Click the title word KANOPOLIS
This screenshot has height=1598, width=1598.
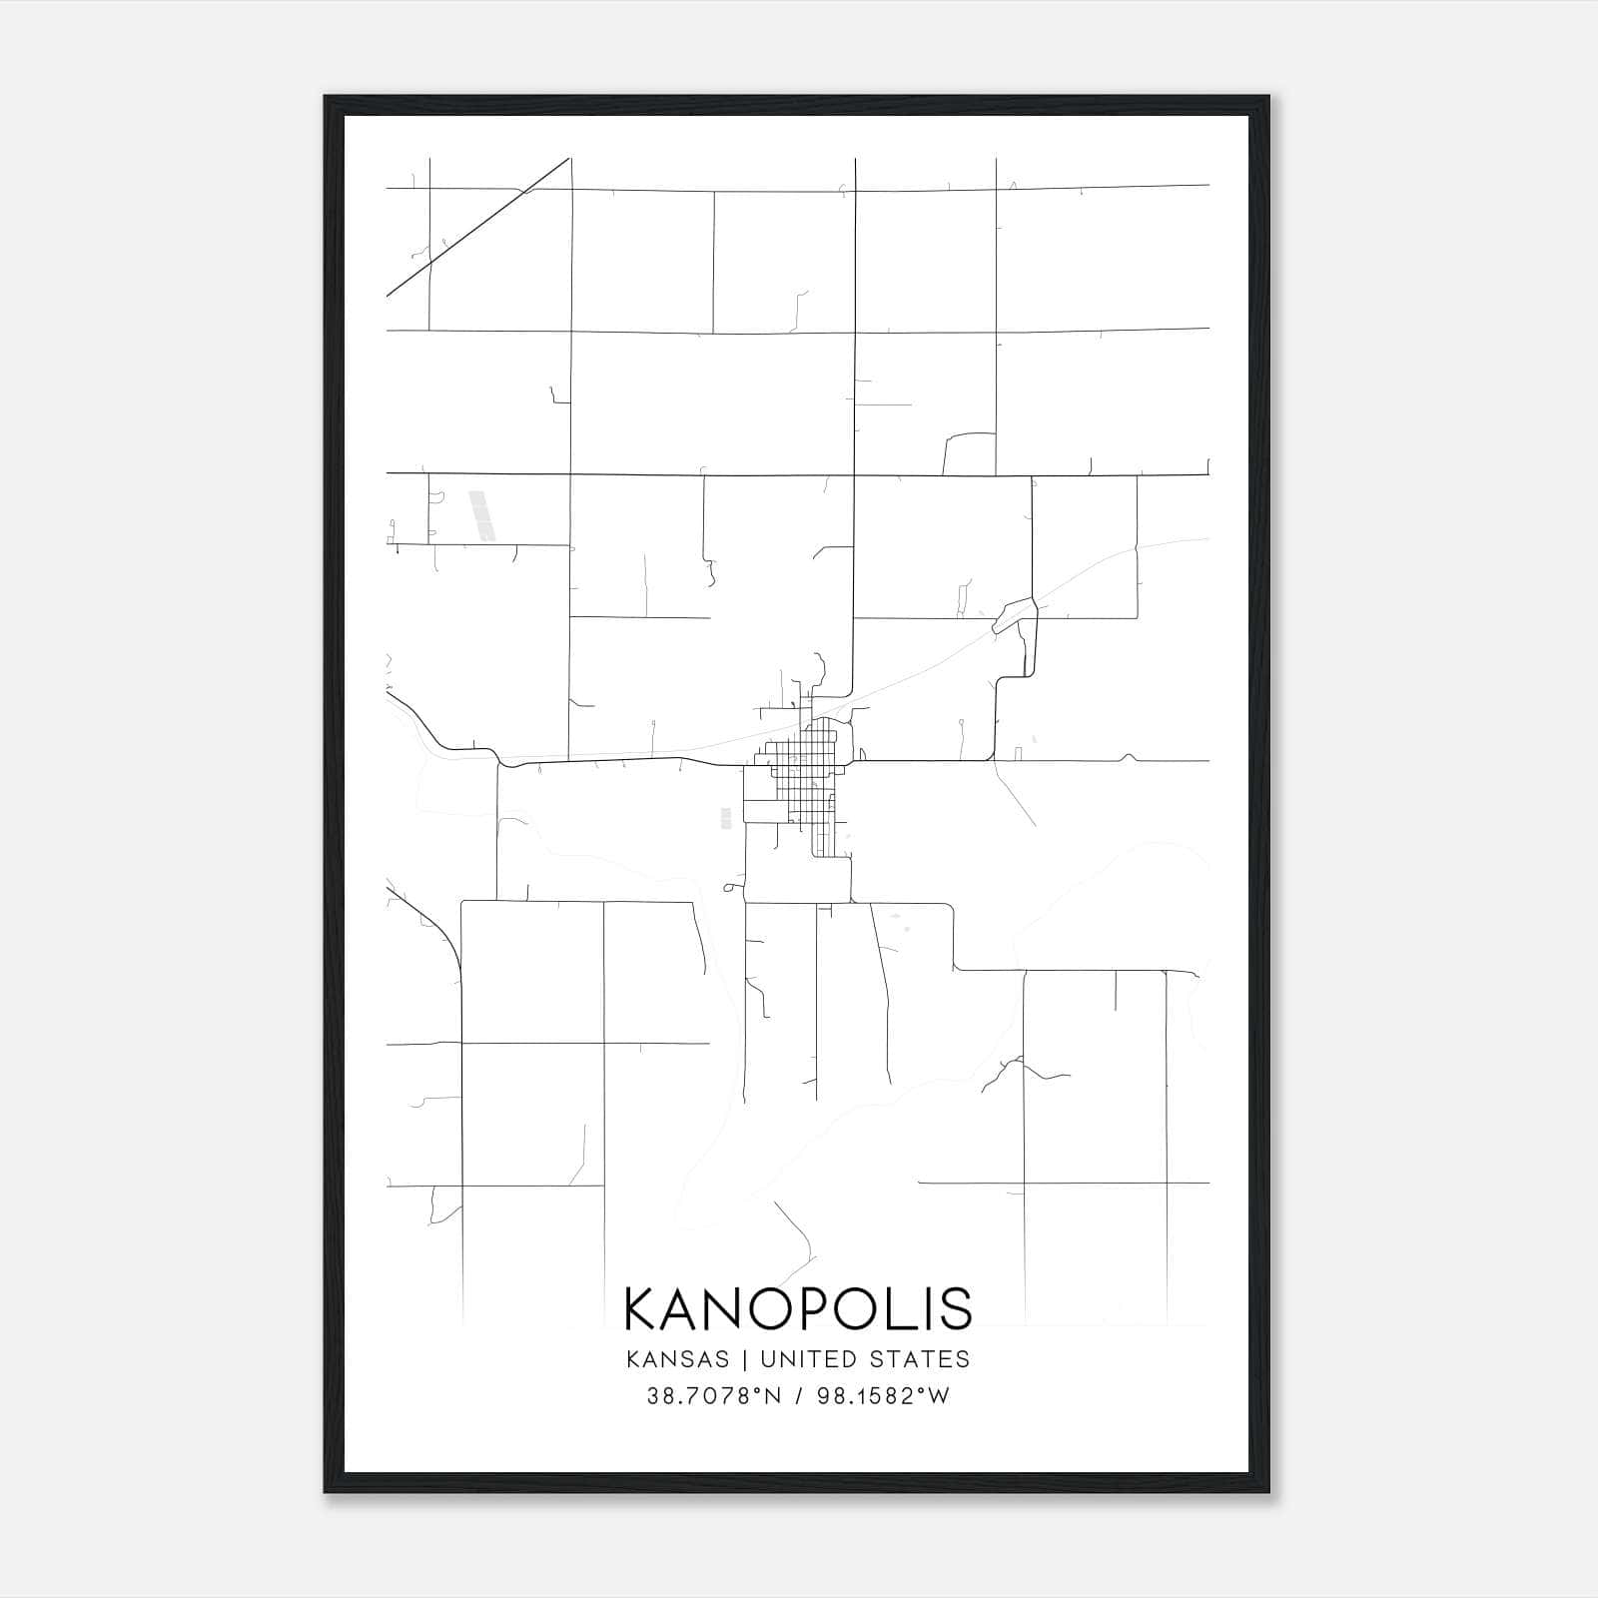coord(798,1308)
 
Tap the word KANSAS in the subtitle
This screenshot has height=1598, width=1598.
coord(686,1359)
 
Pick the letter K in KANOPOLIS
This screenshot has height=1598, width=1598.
coord(642,1308)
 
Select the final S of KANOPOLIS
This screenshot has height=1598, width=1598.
coord(956,1308)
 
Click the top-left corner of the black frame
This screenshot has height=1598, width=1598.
coord(327,98)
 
